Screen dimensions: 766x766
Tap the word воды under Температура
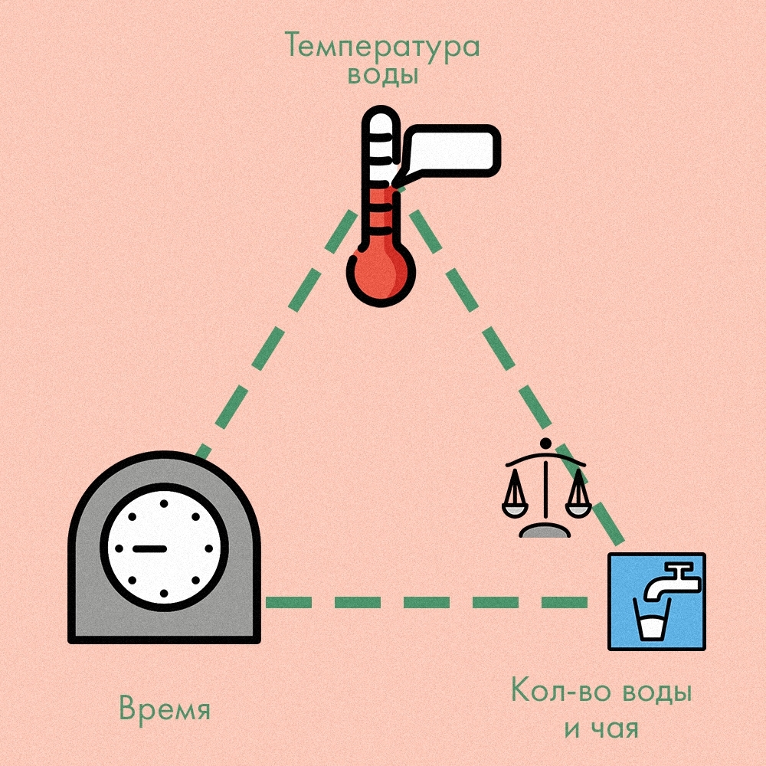tap(382, 77)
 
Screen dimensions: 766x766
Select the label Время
tap(164, 709)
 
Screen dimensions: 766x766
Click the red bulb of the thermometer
tap(381, 273)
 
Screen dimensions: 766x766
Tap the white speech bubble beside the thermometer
tap(452, 150)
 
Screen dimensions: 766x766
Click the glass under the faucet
tap(653, 624)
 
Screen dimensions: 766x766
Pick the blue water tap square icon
tap(656, 602)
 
